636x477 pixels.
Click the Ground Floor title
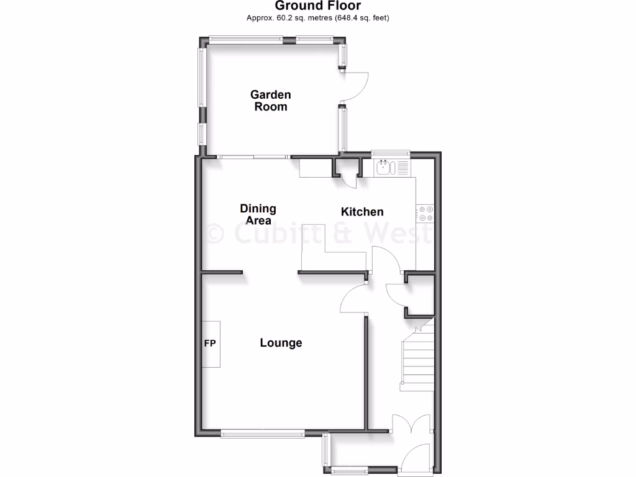(317, 6)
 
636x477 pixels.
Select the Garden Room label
(270, 101)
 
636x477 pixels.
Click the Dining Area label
(258, 214)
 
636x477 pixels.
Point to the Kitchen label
(362, 212)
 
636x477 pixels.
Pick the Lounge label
(281, 343)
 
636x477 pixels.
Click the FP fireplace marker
(210, 343)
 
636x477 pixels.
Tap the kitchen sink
(385, 167)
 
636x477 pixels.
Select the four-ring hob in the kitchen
(425, 214)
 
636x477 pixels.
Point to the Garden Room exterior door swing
(357, 88)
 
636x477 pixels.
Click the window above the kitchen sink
(391, 152)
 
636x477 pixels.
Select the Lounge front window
(263, 434)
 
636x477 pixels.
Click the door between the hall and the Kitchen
(385, 258)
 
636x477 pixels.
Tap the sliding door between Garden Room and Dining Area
(253, 156)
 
